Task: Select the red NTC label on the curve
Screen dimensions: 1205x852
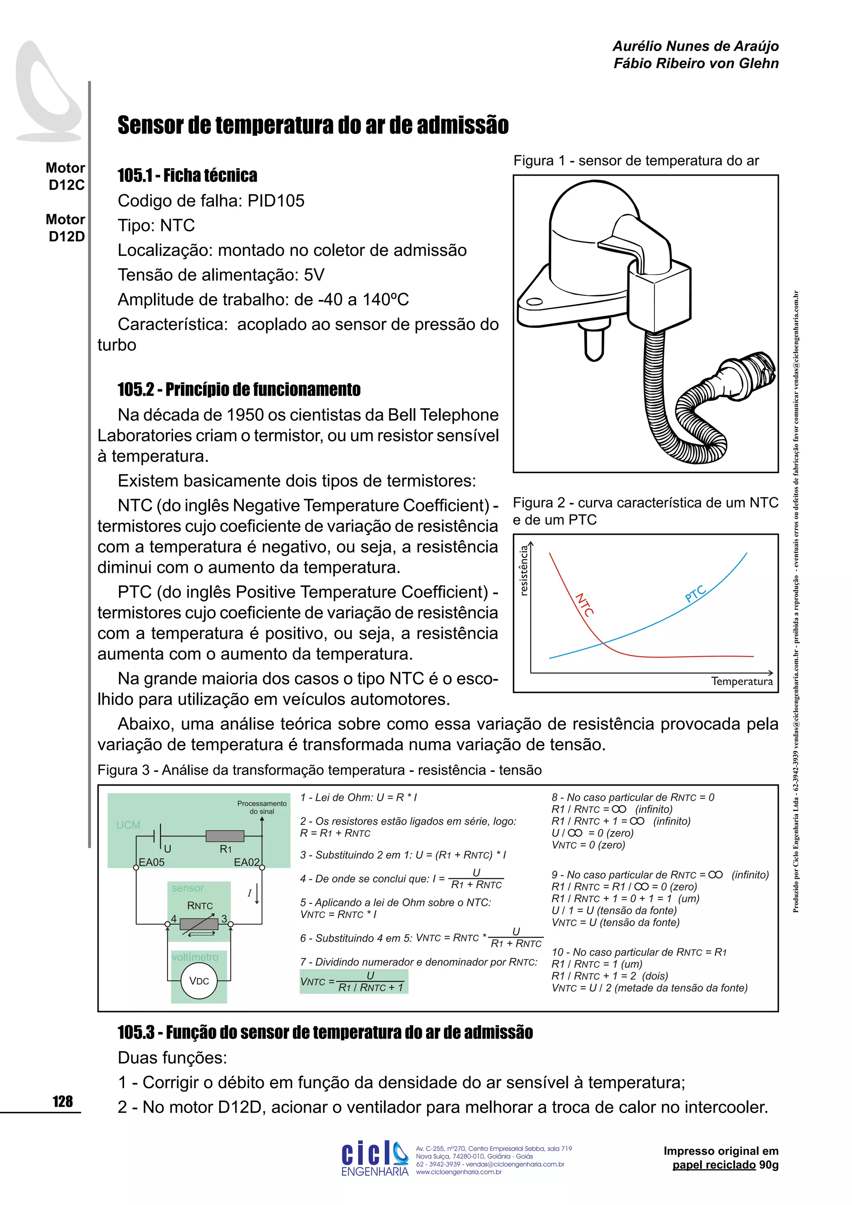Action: pos(584,605)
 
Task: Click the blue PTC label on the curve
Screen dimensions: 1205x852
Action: pos(695,594)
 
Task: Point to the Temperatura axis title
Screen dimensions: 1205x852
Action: pos(741,681)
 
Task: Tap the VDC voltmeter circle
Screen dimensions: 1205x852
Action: pos(199,980)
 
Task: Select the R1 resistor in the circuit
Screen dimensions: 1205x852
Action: pos(225,836)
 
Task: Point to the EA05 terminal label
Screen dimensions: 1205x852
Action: pos(151,862)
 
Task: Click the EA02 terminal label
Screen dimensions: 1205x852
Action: pos(247,862)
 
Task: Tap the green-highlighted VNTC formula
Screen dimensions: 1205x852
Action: pos(354,982)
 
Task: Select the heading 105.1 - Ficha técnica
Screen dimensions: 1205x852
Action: pos(187,175)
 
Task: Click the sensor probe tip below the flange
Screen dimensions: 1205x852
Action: pos(594,346)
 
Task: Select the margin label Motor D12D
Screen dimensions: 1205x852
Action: pos(66,228)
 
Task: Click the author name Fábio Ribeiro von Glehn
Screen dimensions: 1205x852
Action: pos(696,64)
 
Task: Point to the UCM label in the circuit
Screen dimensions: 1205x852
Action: pos(128,825)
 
